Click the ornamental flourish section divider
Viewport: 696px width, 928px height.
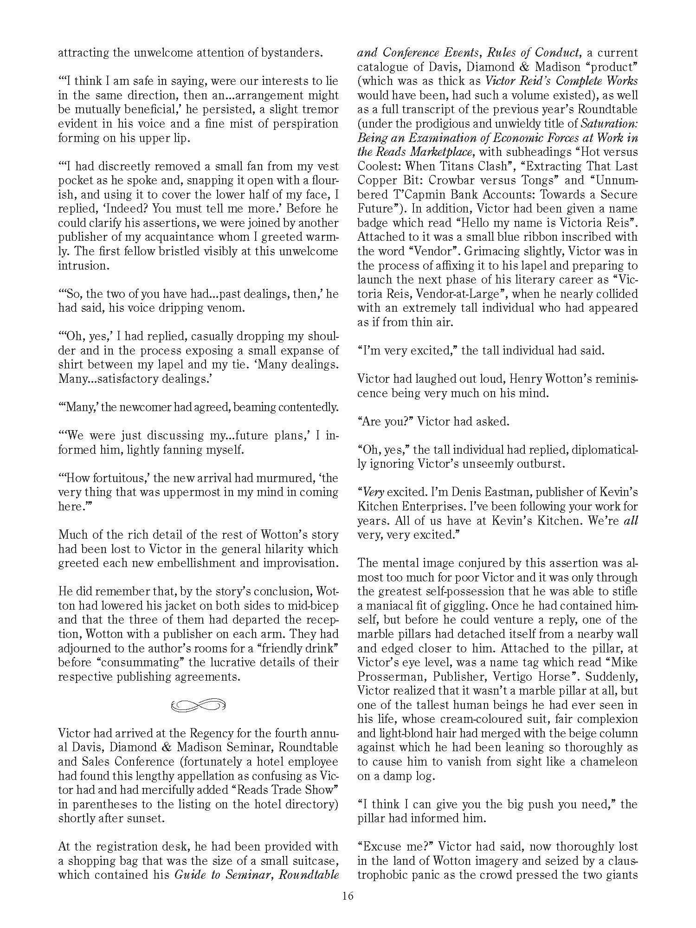click(198, 705)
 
